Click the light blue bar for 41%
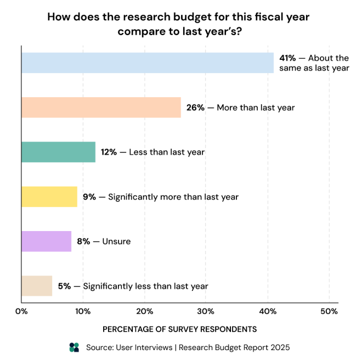click(147, 63)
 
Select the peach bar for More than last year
click(101, 108)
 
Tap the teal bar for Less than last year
click(58, 152)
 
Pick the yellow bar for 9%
click(49, 196)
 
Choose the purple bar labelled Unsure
click(46, 241)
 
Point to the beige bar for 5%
click(37, 286)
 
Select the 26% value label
click(195, 108)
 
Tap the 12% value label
click(109, 152)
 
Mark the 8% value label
click(83, 241)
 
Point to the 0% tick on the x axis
click(21, 312)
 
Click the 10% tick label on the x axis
click(83, 312)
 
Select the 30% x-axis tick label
click(206, 312)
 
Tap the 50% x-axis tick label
click(329, 312)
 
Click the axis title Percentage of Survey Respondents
click(180, 329)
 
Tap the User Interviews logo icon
click(75, 347)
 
